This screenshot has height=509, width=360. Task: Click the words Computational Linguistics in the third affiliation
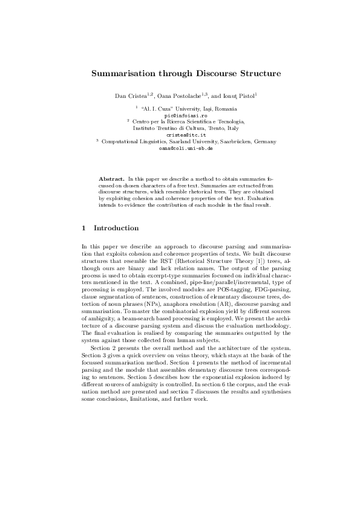[129, 141]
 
